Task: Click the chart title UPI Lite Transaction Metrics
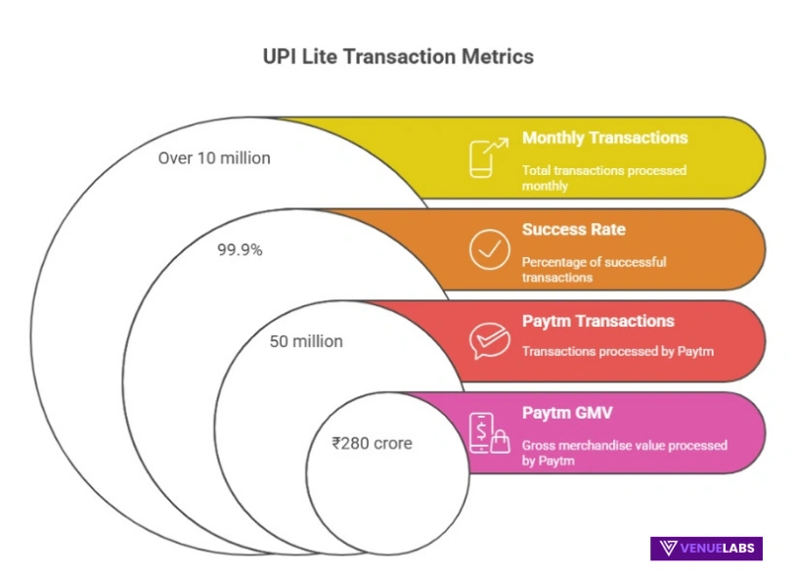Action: (398, 57)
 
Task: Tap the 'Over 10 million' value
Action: (214, 157)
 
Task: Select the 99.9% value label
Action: (240, 249)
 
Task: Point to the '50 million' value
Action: (306, 341)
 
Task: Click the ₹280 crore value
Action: (372, 443)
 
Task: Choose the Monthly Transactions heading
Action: (604, 138)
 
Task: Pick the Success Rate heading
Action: (573, 230)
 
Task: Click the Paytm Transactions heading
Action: (597, 321)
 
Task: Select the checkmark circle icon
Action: (488, 249)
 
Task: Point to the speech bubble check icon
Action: (488, 340)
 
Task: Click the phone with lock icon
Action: (488, 432)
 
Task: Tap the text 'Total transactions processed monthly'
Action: (603, 177)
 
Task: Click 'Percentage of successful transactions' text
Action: (594, 269)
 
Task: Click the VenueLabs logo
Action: (706, 548)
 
